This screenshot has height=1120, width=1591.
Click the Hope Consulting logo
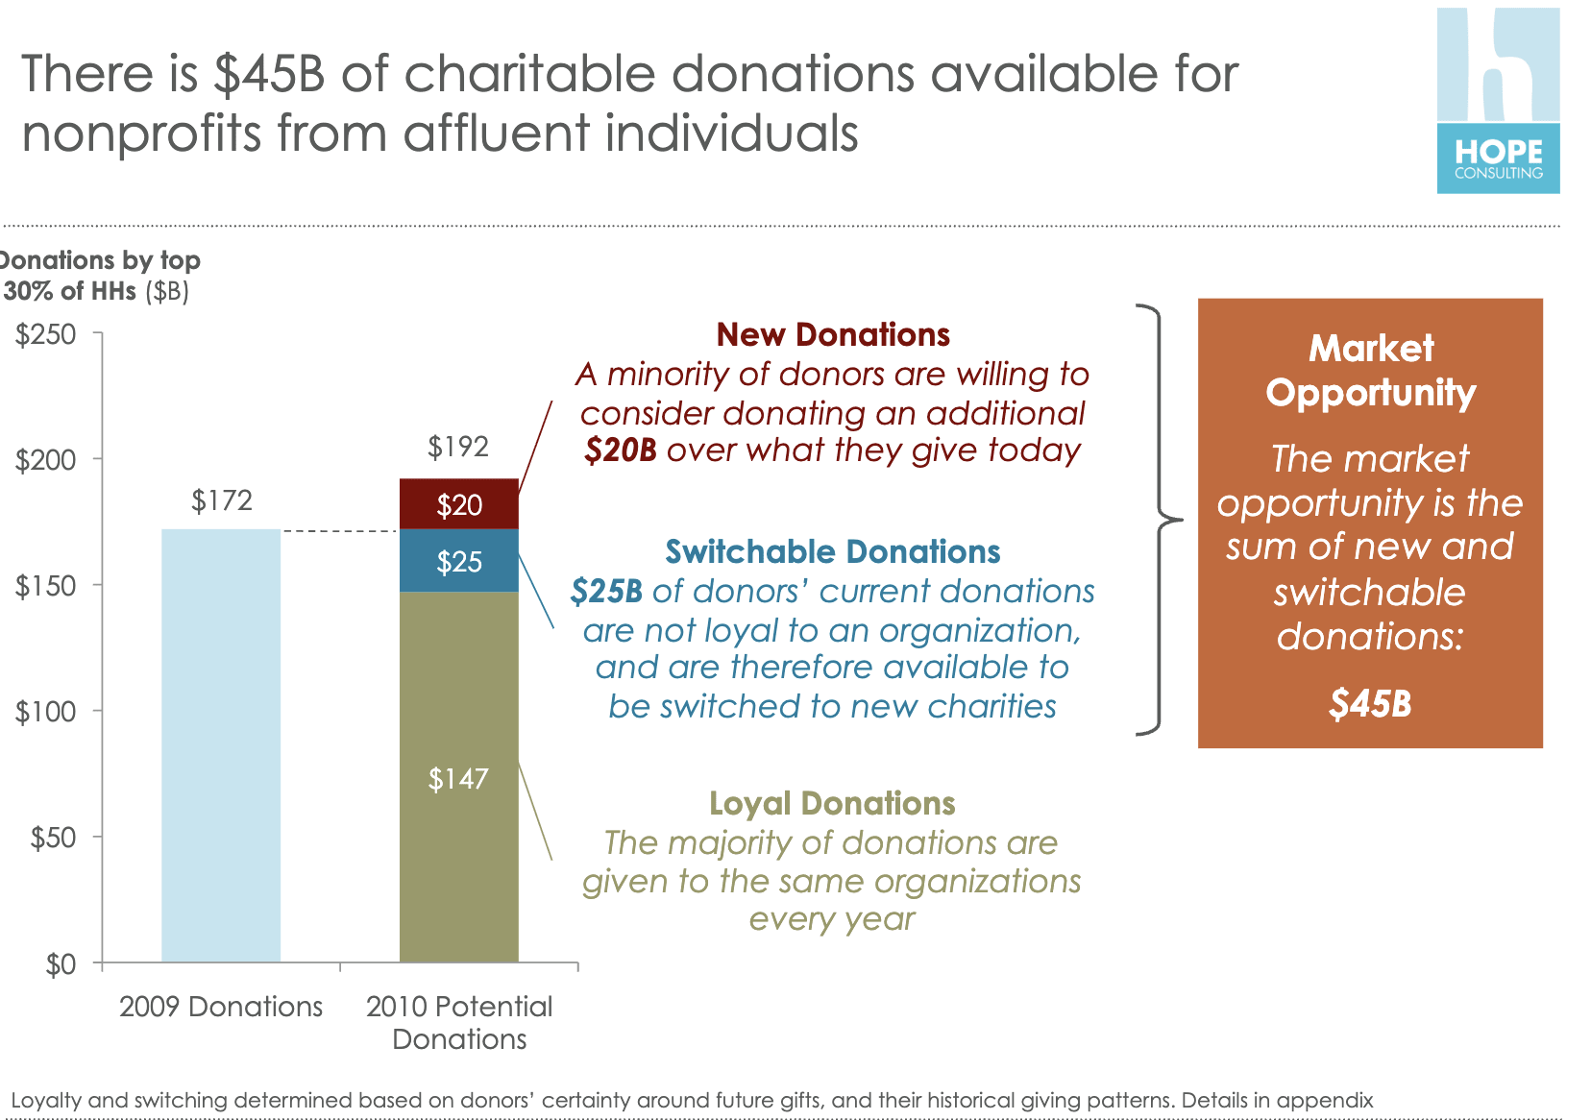click(1498, 101)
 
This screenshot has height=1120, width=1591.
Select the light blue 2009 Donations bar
click(221, 744)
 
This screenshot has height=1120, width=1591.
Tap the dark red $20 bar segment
click(459, 504)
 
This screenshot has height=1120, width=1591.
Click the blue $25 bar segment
click(459, 561)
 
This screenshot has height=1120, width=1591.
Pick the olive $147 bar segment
click(459, 778)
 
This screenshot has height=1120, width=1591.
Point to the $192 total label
click(458, 447)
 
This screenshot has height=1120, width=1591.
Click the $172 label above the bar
click(222, 500)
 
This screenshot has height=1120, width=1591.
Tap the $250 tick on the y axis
click(46, 334)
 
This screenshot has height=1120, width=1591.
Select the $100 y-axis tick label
click(46, 712)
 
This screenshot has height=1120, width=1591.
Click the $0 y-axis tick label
click(61, 964)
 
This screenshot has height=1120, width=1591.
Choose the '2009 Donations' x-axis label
click(221, 1007)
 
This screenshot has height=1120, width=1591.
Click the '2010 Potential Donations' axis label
click(459, 1022)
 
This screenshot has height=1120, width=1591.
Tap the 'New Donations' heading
click(833, 334)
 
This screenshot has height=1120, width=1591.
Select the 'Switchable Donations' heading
click(833, 551)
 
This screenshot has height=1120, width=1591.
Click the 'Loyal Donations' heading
click(832, 803)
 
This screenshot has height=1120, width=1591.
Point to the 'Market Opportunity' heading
click(1371, 370)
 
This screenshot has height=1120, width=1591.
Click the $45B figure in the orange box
click(1370, 704)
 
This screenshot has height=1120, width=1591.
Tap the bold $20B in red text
click(621, 450)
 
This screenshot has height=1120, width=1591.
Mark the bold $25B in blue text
click(606, 591)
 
